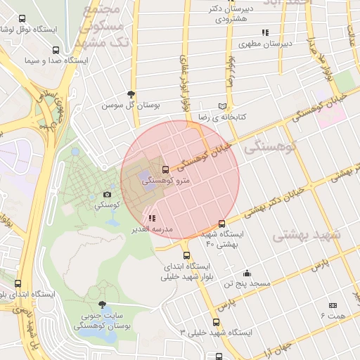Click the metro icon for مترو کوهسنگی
click(165, 169)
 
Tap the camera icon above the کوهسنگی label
click(107, 194)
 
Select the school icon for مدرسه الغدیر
click(152, 218)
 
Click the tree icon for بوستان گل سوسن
click(131, 94)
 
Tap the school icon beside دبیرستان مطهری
click(265, 32)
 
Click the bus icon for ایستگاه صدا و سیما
click(56, 50)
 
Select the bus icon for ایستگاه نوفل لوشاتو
click(22, 19)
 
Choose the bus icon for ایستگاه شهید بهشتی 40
click(222, 223)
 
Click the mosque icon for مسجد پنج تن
click(247, 273)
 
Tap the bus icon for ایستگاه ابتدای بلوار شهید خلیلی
click(186, 256)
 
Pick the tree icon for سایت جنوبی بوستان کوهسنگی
click(103, 304)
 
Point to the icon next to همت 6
click(333, 305)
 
